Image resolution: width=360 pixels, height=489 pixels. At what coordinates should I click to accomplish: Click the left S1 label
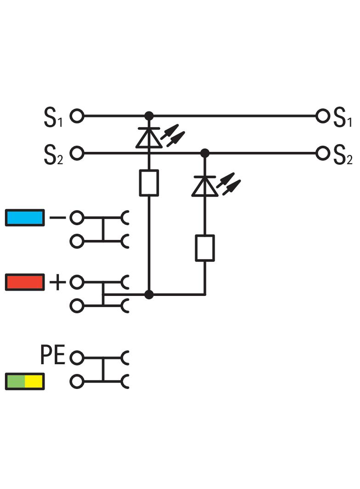pos(53,117)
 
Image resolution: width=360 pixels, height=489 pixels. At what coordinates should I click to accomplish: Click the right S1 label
pos(343,117)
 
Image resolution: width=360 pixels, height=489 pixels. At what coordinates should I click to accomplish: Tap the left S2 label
pos(53,155)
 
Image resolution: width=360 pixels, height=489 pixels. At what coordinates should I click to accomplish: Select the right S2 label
pos(343,155)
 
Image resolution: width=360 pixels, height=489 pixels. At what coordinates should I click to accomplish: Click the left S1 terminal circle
pos(77,116)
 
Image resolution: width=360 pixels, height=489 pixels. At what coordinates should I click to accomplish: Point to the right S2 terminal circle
pos(322,153)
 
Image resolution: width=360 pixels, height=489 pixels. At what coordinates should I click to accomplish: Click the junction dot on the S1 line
pos(149,116)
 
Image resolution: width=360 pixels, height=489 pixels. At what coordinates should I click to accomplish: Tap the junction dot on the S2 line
pos(205,153)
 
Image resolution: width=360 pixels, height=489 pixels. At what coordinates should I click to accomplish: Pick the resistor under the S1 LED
pos(149,183)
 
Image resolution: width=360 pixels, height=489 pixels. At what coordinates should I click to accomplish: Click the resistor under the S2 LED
pos(205,248)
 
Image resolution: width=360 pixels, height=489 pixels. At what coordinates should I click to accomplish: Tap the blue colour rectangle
pos(25,217)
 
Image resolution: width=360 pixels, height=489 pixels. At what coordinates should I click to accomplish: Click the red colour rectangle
pos(25,282)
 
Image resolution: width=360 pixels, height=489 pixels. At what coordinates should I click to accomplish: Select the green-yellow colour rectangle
pos(25,381)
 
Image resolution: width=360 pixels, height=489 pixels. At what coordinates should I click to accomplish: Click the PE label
pos(52,355)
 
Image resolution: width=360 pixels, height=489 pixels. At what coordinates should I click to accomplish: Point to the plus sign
pos(58,282)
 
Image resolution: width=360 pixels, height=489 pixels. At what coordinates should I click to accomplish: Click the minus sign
pos(58,217)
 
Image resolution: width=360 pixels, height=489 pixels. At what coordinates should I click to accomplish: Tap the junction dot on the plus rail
pos(149,295)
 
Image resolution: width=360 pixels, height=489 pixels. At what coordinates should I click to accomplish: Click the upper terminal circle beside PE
pos(77,358)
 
